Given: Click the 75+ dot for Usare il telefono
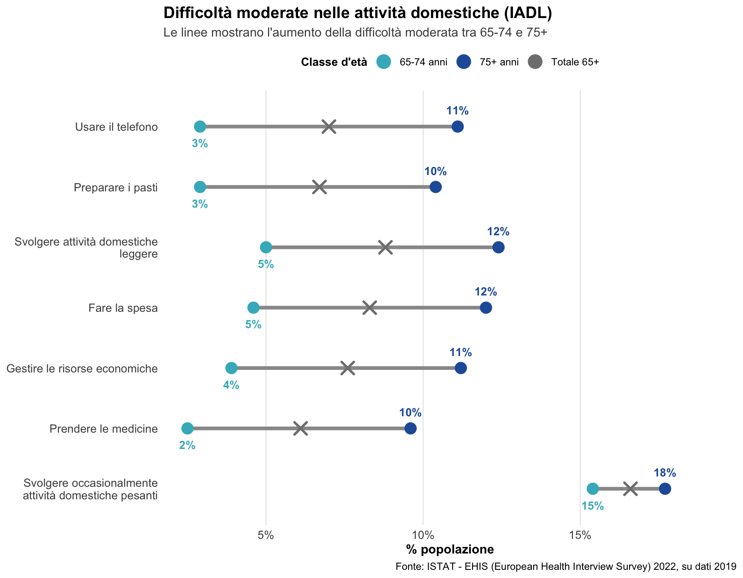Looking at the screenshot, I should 457,127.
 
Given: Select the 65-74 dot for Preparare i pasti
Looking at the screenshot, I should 200,187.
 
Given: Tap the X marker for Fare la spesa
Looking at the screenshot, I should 369,308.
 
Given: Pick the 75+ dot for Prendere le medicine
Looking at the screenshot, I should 411,428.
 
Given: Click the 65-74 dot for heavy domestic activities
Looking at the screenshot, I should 593,489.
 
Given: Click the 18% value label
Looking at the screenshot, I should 665,473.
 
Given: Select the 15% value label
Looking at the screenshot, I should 593,506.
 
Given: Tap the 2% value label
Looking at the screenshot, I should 187,446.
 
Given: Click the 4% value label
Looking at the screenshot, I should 231,385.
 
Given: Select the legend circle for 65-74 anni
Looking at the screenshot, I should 384,62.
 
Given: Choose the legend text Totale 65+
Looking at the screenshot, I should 575,62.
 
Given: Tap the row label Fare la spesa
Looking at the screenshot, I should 123,308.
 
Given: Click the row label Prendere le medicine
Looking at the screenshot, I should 104,429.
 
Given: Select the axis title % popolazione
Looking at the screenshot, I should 450,550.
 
